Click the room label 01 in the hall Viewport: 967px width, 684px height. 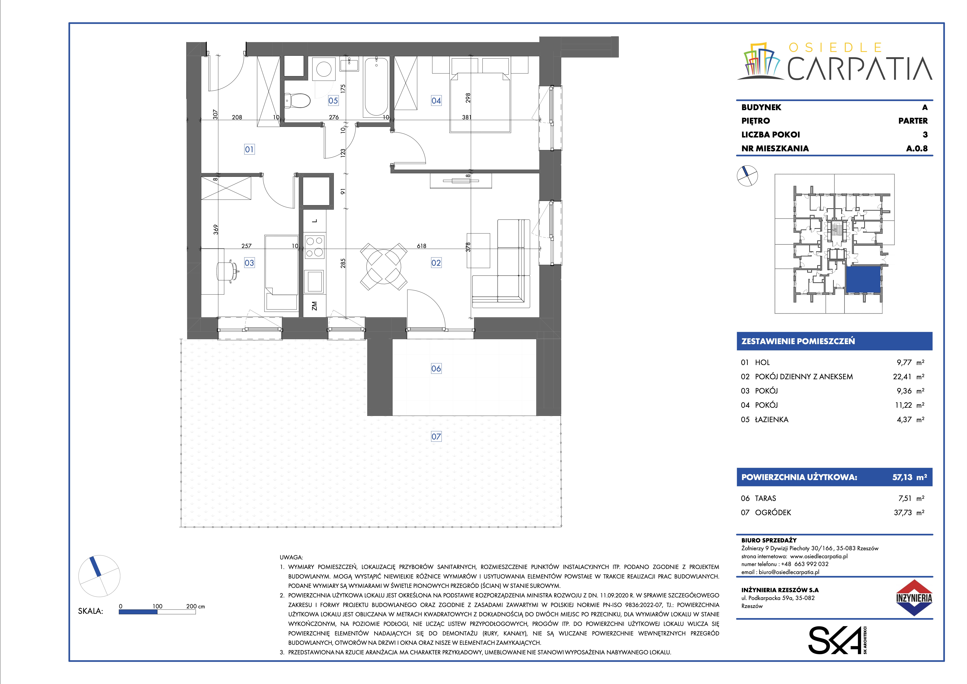point(249,149)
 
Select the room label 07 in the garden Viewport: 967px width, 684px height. point(436,436)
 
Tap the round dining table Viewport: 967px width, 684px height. point(384,266)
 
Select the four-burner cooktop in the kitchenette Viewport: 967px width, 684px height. point(315,247)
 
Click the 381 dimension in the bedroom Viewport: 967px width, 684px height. point(467,117)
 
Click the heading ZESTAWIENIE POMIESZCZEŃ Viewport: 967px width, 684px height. point(798,341)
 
